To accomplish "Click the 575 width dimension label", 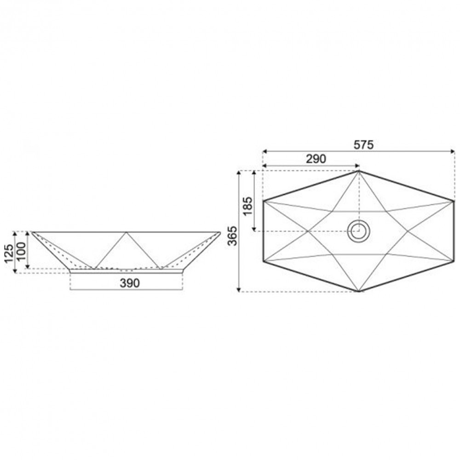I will tap(363, 144).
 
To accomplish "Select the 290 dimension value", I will tap(316, 159).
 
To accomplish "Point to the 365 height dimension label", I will tap(232, 235).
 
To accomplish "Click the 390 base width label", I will tap(129, 283).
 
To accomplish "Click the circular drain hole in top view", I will tap(358, 231).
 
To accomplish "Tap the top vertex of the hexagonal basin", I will tap(359, 171).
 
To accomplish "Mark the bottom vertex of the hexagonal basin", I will tap(359, 291).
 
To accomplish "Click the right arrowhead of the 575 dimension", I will tap(453, 151).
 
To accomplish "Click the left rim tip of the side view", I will tap(32, 232).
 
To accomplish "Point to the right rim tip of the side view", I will tap(220, 232).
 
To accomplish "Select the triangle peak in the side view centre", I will tap(126, 232).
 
